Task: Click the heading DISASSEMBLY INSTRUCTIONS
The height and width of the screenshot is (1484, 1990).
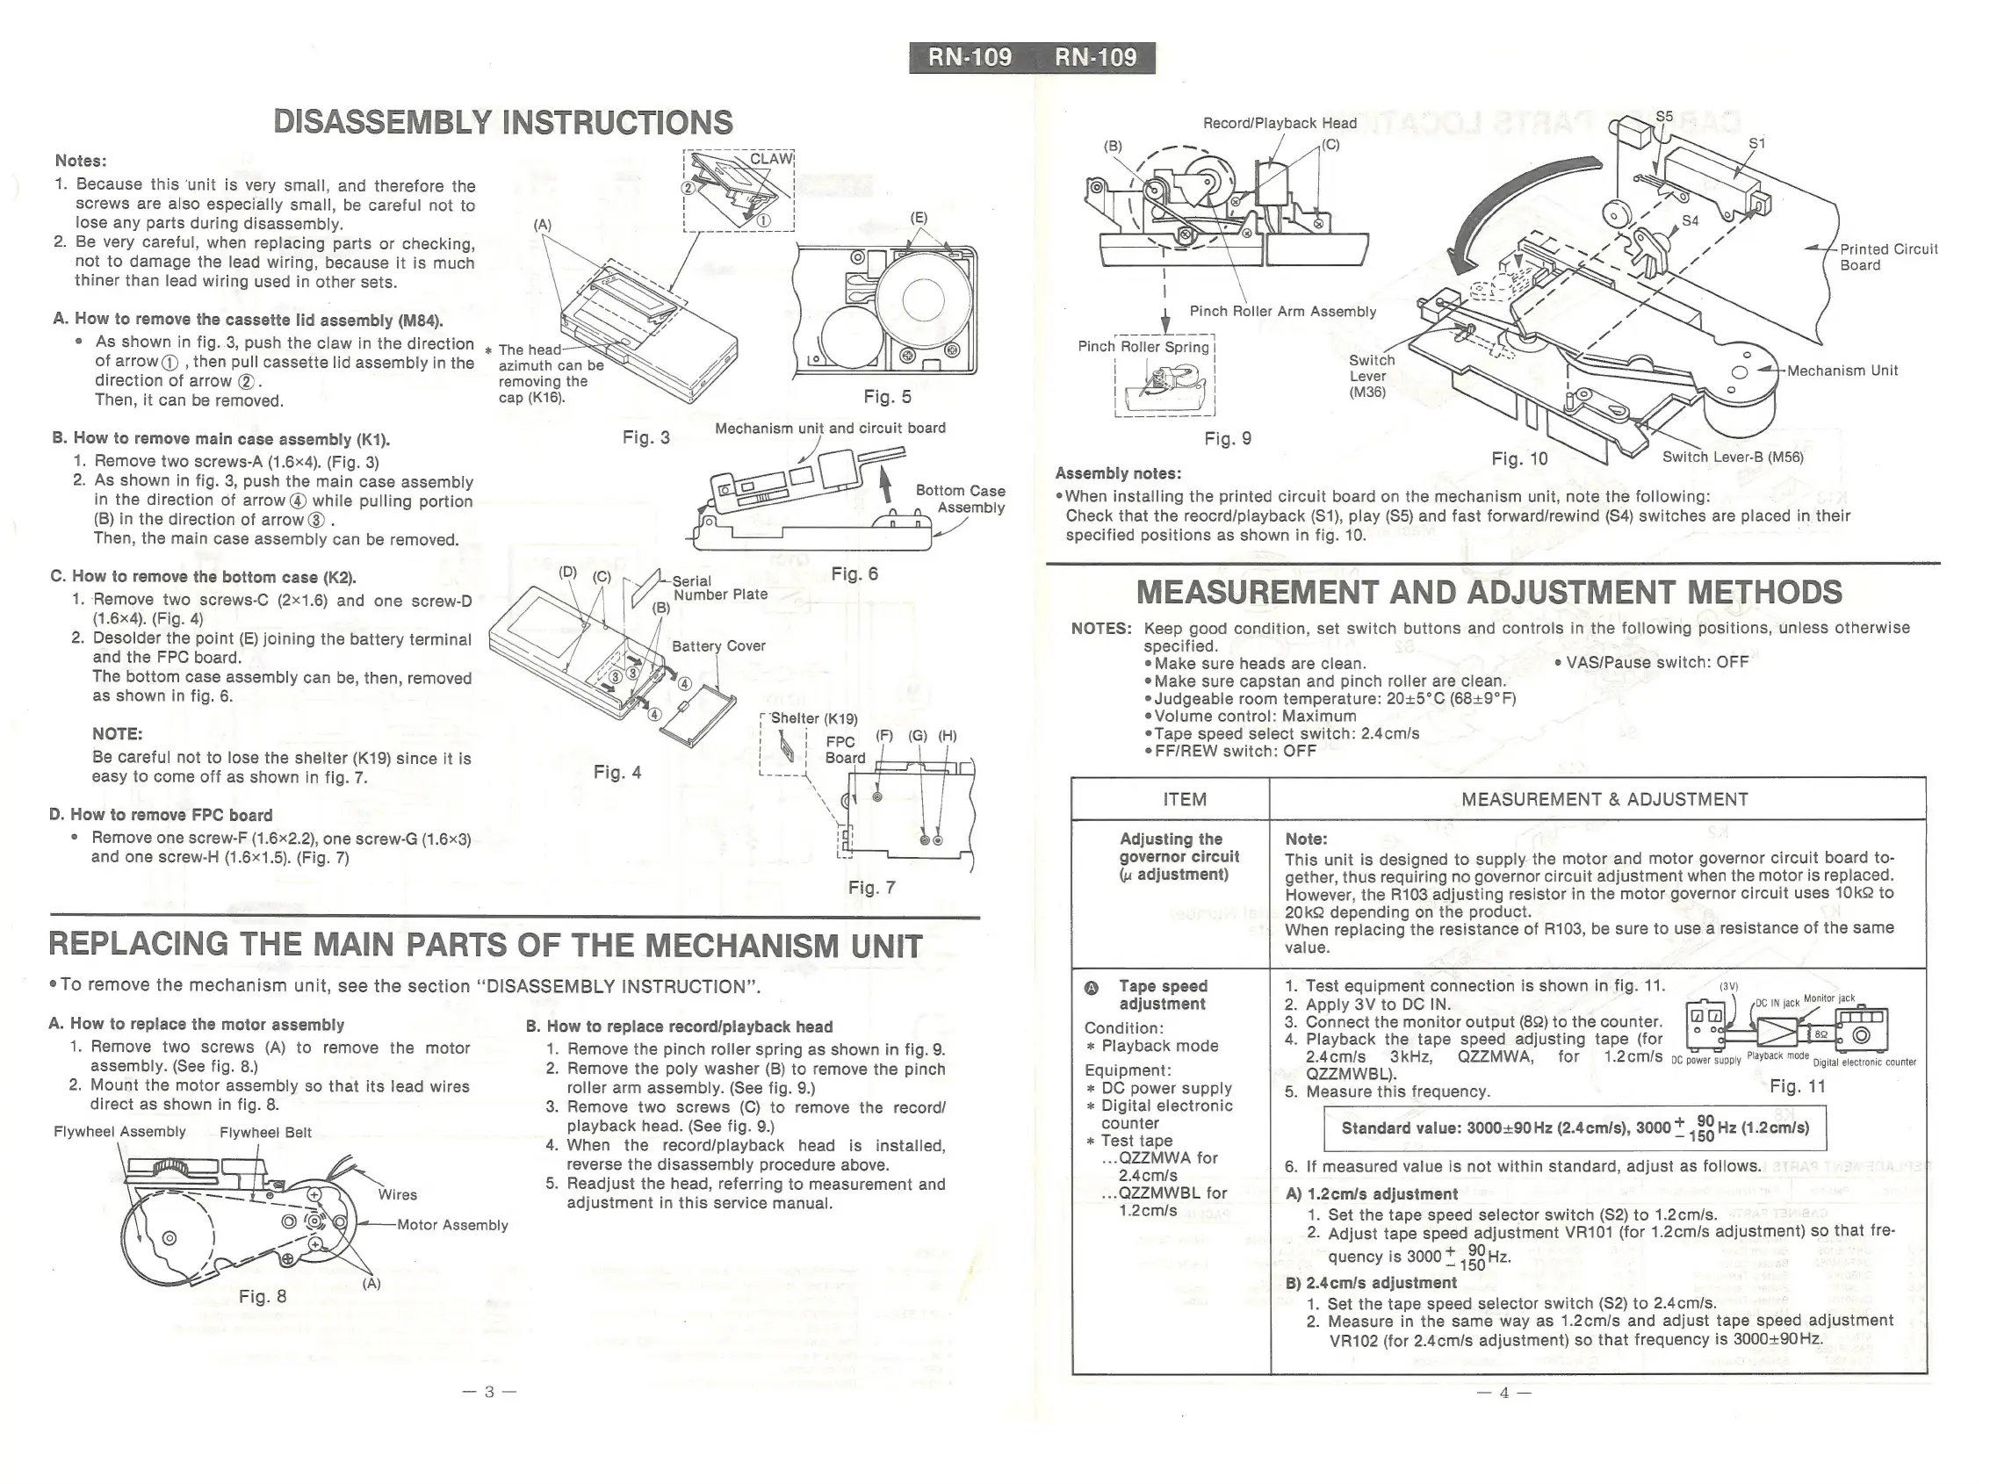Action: tap(502, 122)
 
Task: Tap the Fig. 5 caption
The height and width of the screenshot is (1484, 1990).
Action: tap(887, 396)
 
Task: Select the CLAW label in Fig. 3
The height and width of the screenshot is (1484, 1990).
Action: tap(771, 159)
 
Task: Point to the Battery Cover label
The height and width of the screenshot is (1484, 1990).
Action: tap(717, 646)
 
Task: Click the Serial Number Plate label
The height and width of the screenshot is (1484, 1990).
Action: tap(719, 587)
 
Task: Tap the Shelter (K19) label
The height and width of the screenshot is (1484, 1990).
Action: tap(814, 718)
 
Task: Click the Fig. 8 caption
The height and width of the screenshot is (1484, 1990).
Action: tap(263, 1296)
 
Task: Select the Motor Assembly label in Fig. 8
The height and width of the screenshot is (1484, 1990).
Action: tap(452, 1225)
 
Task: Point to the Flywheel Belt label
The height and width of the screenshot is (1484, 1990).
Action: tap(265, 1133)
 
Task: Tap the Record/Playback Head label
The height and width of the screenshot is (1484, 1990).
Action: tap(1280, 123)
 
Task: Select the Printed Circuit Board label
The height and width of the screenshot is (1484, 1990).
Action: tap(1887, 257)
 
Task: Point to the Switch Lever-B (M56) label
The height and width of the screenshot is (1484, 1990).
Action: tap(1732, 457)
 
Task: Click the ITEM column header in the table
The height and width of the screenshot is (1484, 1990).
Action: tap(1184, 799)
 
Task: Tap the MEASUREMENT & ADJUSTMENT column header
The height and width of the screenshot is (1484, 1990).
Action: tap(1604, 799)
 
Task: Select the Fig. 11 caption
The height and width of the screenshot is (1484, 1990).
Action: tap(1797, 1086)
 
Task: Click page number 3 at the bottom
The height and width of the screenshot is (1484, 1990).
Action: tap(489, 1393)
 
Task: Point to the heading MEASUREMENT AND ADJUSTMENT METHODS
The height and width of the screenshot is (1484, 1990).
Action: tap(1489, 593)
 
